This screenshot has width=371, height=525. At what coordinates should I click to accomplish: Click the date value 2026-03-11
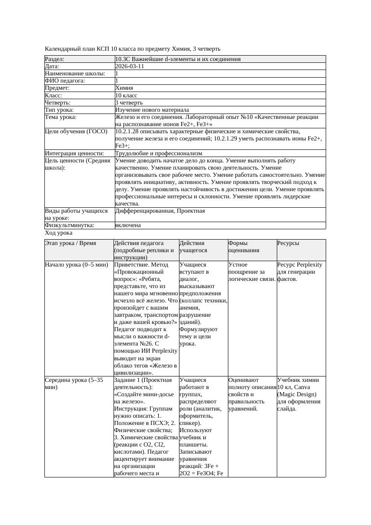coord(130,66)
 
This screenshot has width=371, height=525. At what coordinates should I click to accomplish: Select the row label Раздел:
coord(55,59)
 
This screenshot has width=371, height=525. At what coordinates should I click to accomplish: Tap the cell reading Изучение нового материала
coord(152,110)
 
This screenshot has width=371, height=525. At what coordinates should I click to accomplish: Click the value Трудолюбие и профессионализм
coord(158,153)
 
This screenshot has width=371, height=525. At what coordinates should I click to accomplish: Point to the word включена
coord(128,225)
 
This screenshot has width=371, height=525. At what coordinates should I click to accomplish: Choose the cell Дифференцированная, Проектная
coord(160,210)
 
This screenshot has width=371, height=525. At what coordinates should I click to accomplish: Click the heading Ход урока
coord(59,233)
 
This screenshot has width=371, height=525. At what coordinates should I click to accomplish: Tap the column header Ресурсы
coord(288,243)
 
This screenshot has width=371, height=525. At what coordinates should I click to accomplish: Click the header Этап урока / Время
coord(70,243)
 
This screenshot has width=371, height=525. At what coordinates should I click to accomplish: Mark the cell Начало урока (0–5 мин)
coord(77,265)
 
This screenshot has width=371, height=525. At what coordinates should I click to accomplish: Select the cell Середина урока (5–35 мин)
coord(74,383)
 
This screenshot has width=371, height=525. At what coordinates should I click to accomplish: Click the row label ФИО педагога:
coord(65,81)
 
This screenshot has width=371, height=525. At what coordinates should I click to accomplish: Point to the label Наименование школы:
coord(75,73)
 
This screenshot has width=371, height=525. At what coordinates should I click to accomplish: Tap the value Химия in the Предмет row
coord(124,88)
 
